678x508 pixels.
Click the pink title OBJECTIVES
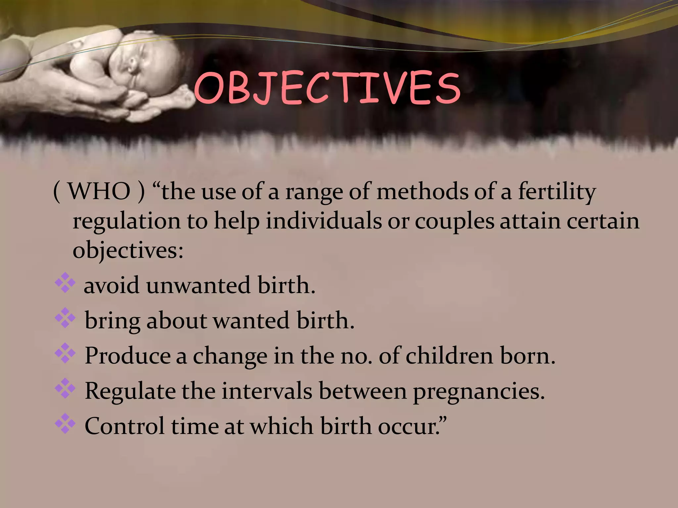click(327, 88)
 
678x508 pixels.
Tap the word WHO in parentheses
click(99, 191)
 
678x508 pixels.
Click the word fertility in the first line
click(557, 191)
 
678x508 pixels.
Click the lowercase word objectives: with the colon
click(128, 251)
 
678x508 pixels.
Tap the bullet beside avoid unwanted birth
click(65, 282)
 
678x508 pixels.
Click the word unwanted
click(198, 285)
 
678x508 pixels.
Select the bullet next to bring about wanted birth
click(65, 318)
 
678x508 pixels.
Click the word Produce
click(127, 356)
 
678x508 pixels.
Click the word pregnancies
click(478, 392)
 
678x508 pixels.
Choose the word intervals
click(267, 391)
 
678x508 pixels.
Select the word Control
click(124, 426)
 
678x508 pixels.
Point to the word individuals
click(324, 221)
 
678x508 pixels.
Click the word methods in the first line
click(422, 191)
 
